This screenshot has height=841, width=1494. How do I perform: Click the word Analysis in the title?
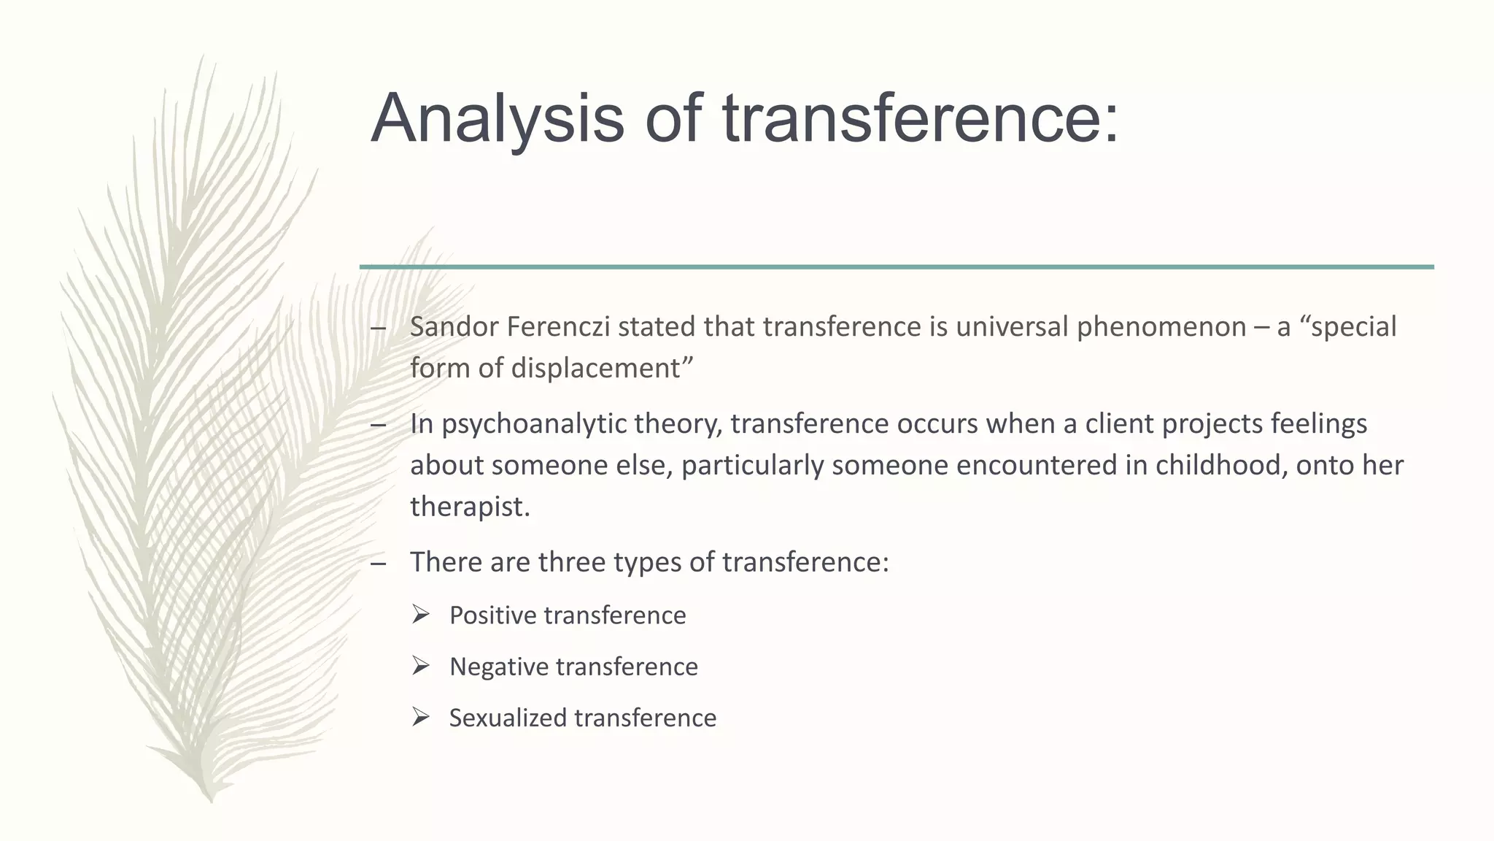click(x=497, y=119)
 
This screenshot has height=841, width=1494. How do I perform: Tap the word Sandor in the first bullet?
click(x=453, y=327)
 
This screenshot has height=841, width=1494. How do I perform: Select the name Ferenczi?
click(x=557, y=327)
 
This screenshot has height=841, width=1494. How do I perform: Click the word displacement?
click(x=595, y=369)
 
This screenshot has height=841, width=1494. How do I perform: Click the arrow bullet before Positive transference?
click(x=420, y=615)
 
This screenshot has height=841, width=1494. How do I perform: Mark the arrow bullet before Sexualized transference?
click(x=420, y=717)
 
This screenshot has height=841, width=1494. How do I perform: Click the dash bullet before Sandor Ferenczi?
click(x=378, y=328)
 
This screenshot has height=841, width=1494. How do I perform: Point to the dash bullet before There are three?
click(x=378, y=563)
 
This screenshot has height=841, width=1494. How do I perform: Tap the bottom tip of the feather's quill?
click(x=211, y=802)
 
